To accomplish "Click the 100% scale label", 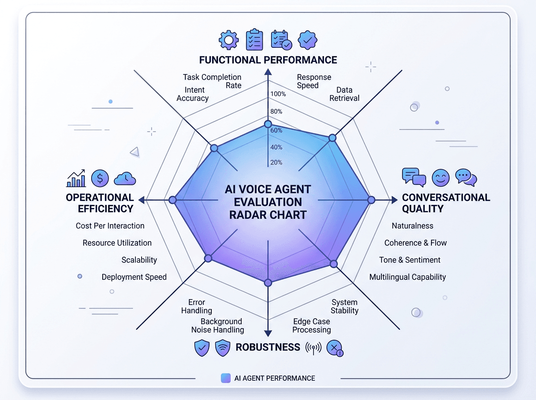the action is tap(278, 94).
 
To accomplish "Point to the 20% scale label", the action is tap(276, 162).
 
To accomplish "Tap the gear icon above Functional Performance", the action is tap(229, 40).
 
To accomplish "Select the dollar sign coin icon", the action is tap(100, 178).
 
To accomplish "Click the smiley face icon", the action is tap(440, 178).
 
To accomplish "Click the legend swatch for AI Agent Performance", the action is tap(226, 378).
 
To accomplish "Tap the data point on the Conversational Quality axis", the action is tap(371, 200).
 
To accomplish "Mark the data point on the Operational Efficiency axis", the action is tap(172, 200).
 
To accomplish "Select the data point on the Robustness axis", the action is tap(268, 283).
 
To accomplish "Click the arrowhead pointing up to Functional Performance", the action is tap(268, 72).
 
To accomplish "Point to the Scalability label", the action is tap(139, 260).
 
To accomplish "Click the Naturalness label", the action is tap(412, 226).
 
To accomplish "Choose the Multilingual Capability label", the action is tap(407, 277).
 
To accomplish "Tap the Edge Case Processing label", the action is tap(312, 325).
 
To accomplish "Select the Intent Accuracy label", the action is tap(193, 94).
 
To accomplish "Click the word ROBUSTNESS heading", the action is tap(268, 347).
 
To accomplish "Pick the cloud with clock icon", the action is tap(125, 179).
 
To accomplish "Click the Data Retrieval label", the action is tap(344, 94).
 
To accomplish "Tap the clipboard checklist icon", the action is tap(255, 40).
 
